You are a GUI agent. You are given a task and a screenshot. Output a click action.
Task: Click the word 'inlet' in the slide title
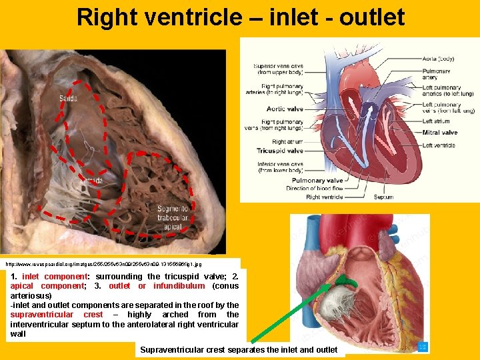(x=291, y=17)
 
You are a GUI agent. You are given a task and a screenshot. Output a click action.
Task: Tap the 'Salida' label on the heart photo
(x=68, y=99)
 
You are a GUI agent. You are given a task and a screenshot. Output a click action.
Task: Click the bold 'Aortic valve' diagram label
(x=285, y=109)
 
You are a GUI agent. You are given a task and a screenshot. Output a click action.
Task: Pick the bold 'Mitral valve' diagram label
(x=439, y=133)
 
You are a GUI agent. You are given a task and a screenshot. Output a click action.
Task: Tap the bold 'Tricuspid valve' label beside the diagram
(x=280, y=151)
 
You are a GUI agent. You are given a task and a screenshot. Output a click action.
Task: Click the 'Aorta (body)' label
(x=438, y=59)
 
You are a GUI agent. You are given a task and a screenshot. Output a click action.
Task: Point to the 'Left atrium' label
(x=437, y=121)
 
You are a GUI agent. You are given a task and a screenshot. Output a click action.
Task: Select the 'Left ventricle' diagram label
(x=439, y=145)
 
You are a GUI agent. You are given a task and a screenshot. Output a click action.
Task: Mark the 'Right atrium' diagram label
(x=287, y=141)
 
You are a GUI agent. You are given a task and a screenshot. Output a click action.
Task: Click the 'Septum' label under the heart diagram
(x=383, y=197)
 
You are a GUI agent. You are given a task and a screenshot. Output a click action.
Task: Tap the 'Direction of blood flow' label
(x=314, y=189)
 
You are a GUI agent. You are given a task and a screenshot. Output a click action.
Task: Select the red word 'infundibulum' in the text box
(x=179, y=286)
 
